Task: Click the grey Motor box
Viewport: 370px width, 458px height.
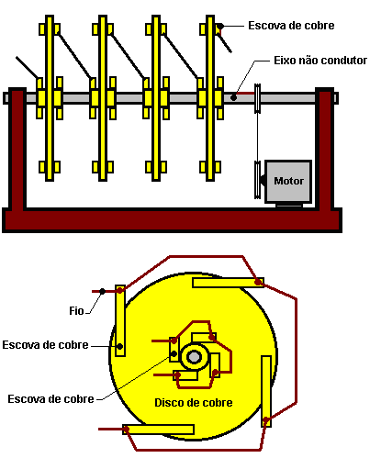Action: tap(288, 182)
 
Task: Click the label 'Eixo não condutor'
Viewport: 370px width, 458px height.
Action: tap(320, 61)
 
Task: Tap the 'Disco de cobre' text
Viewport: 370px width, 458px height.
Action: tap(194, 402)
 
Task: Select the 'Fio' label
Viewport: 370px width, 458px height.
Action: tap(76, 311)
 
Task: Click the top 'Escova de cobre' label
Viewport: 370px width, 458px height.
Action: tap(291, 26)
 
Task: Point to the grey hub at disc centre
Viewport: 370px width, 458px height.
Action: tap(194, 357)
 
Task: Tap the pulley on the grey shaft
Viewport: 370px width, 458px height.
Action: tap(257, 98)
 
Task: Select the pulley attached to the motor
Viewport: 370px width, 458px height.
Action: tap(257, 180)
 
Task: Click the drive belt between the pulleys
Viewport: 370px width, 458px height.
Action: tap(257, 137)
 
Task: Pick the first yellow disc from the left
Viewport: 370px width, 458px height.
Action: tap(50, 98)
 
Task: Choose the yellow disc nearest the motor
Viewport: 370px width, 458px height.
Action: tap(210, 98)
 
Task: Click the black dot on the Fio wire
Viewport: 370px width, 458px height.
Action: tap(102, 291)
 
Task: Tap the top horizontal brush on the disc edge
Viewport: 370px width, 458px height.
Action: tap(228, 283)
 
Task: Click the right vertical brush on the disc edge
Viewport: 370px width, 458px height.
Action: tap(266, 391)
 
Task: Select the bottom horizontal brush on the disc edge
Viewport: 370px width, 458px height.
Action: tap(158, 430)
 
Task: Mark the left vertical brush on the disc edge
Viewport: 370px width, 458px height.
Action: tap(120, 320)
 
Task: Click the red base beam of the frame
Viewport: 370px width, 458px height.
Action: tap(172, 219)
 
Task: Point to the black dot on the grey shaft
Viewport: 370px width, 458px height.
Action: tap(233, 98)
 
